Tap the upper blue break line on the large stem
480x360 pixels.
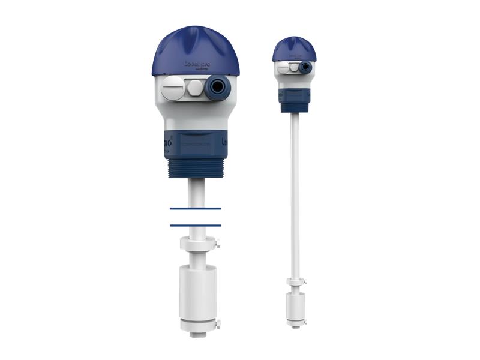[x=195, y=208]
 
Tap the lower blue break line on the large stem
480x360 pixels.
[x=195, y=225]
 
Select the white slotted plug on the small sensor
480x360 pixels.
[x=283, y=68]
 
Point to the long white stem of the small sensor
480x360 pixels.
[x=295, y=192]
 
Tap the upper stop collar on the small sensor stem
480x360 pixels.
[x=294, y=282]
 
